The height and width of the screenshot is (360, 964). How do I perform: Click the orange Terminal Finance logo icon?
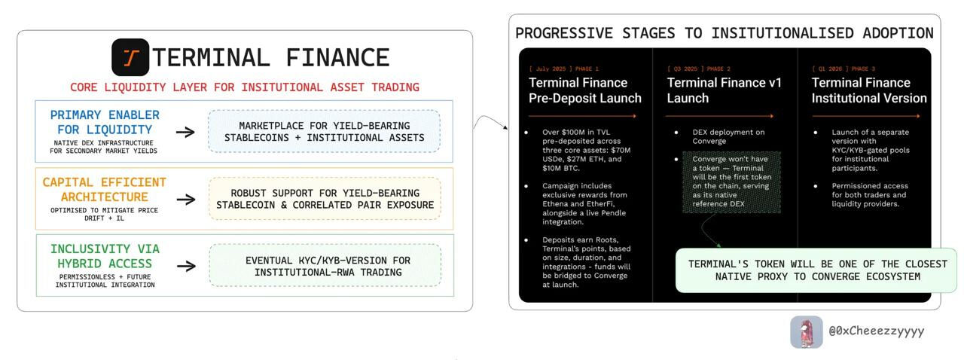tap(130, 57)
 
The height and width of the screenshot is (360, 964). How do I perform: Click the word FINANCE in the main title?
tap(337, 58)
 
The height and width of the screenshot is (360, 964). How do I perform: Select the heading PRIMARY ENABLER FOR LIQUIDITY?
tap(105, 122)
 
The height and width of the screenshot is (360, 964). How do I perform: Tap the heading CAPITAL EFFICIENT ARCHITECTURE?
tap(104, 190)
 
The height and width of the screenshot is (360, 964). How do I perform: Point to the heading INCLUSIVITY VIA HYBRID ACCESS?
tap(105, 256)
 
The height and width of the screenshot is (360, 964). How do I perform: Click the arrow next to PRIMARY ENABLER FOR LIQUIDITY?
tap(185, 132)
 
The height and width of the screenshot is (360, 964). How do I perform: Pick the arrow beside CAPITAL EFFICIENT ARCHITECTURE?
tap(186, 199)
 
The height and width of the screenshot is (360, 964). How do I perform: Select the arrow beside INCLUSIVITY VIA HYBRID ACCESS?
tap(186, 266)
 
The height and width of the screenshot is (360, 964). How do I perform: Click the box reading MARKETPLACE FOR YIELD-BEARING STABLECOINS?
tap(324, 131)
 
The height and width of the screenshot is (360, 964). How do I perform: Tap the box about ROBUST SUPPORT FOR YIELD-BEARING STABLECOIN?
tap(325, 199)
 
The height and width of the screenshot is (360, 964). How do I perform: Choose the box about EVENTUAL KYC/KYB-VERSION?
tap(325, 266)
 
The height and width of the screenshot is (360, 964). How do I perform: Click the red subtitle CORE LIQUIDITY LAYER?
tap(245, 87)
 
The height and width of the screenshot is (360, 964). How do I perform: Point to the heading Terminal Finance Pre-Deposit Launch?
tap(585, 90)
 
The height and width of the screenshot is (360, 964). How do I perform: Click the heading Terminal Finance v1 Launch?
tap(724, 90)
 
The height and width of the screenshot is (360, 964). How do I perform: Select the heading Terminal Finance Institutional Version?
tap(869, 90)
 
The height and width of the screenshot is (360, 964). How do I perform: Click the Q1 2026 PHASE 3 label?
tap(843, 69)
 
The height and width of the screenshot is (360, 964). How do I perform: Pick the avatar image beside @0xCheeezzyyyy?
tap(807, 332)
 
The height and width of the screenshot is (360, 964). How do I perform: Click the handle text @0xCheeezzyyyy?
tap(877, 331)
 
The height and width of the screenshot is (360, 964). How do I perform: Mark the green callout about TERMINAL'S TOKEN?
tap(816, 270)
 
